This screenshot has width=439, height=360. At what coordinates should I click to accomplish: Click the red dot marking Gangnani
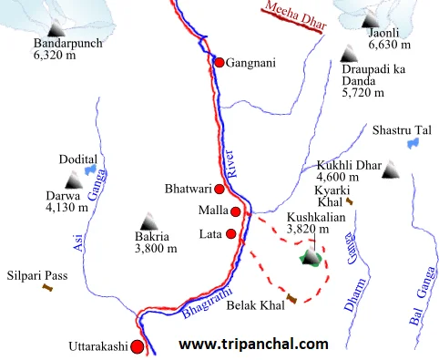click(219, 62)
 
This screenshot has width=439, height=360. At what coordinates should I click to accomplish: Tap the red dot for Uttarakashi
click(137, 346)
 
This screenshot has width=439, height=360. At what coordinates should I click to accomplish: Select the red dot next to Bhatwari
click(219, 190)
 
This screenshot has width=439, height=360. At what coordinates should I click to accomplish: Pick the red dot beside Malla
click(236, 211)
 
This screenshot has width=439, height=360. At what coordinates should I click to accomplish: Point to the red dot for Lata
click(230, 234)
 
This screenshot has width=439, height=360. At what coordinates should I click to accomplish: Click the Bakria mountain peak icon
click(148, 221)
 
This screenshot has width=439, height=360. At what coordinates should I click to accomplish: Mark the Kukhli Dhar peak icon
click(390, 170)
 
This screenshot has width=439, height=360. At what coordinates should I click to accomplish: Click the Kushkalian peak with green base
click(311, 258)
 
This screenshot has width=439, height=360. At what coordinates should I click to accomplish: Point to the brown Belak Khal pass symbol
click(291, 299)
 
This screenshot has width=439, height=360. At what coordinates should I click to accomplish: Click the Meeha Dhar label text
click(293, 19)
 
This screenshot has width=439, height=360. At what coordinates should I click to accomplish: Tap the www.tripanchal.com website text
click(252, 345)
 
